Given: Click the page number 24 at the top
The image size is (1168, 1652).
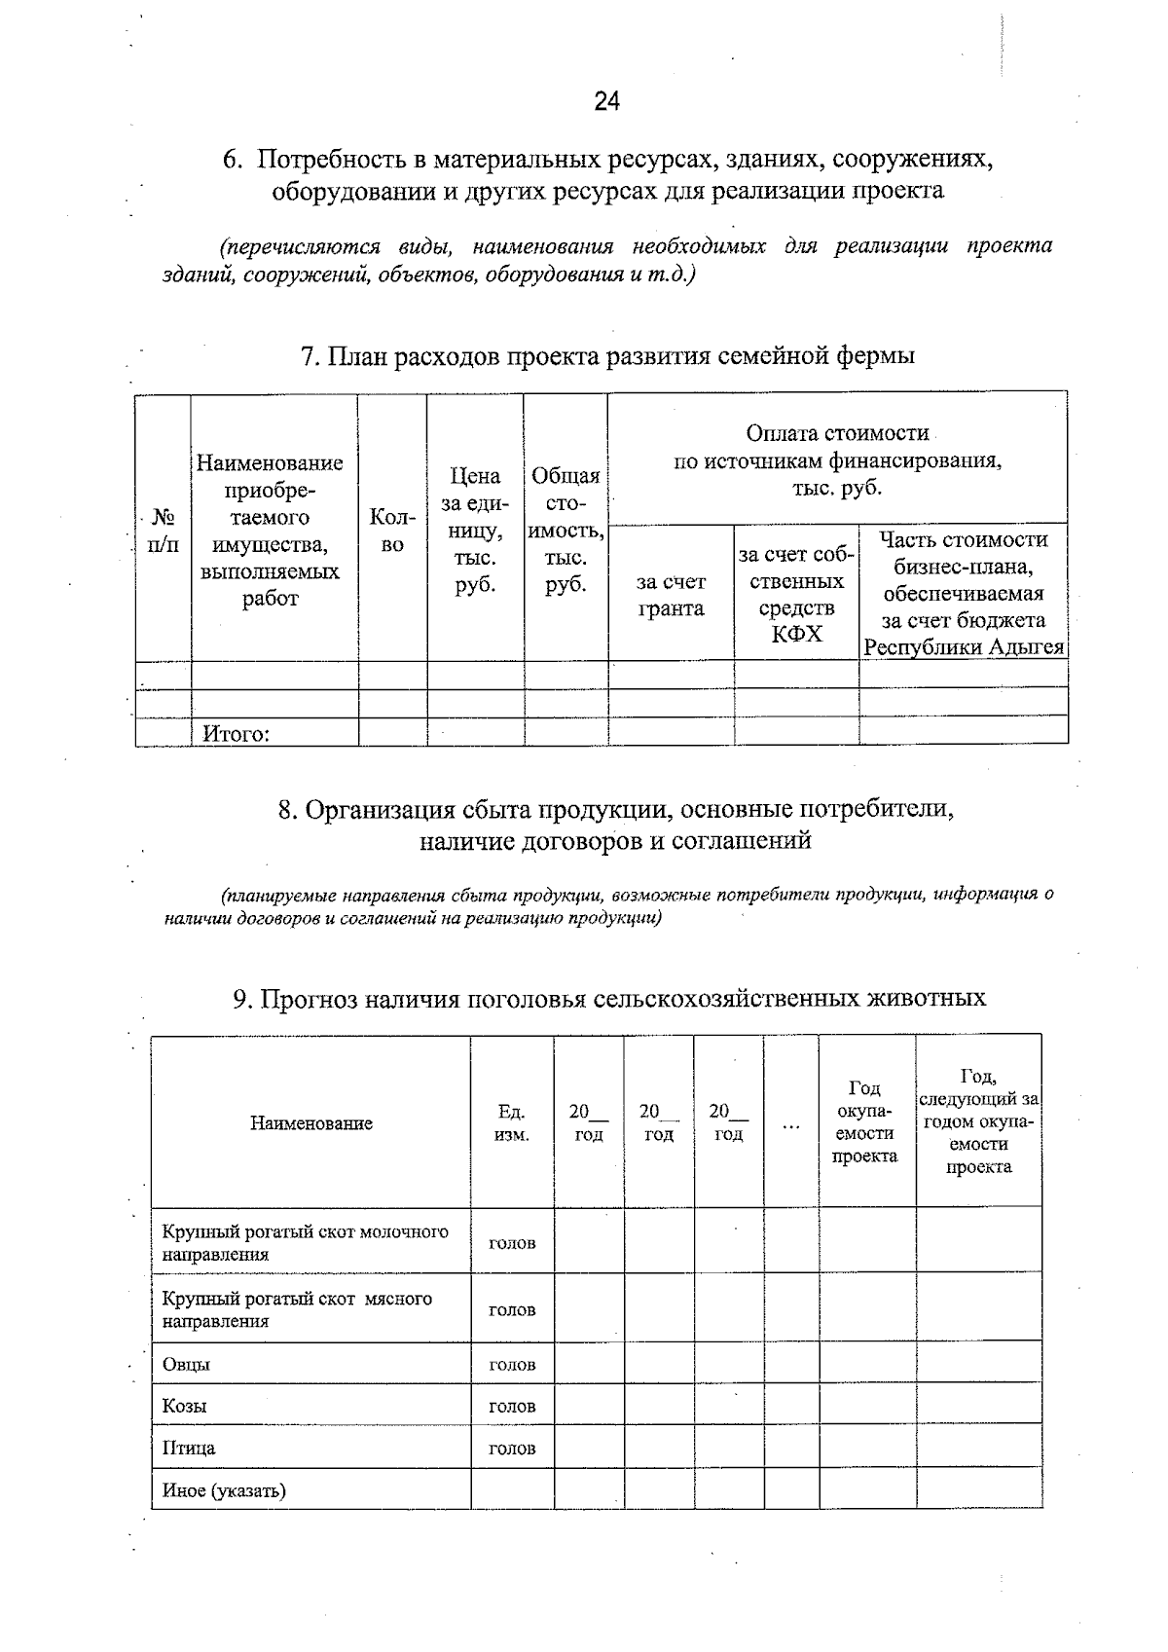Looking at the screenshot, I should pyautogui.click(x=606, y=101).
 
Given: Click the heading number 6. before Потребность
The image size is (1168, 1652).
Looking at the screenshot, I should pyautogui.click(x=232, y=160).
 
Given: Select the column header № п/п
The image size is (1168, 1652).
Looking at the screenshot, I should pyautogui.click(x=164, y=532).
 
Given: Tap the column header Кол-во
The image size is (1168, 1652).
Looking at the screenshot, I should pyautogui.click(x=392, y=532).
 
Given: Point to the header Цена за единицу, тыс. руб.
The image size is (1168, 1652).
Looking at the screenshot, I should pyautogui.click(x=475, y=531).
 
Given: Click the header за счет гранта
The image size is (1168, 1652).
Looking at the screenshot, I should pyautogui.click(x=671, y=595).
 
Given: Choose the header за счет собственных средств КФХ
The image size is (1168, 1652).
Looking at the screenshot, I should pyautogui.click(x=796, y=594).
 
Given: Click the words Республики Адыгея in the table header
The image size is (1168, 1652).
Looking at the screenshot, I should pyautogui.click(x=964, y=647).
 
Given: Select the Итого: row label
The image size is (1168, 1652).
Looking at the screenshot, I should pyautogui.click(x=235, y=734).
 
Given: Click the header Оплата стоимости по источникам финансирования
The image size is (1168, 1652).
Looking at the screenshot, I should pyautogui.click(x=837, y=459).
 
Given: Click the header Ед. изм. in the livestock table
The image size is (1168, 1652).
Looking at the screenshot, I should pyautogui.click(x=512, y=1123).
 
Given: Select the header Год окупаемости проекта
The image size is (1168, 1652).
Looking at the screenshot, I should pyautogui.click(x=865, y=1121).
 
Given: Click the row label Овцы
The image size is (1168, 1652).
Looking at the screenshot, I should pyautogui.click(x=186, y=1364).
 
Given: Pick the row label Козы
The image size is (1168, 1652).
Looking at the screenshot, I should pyautogui.click(x=185, y=1406).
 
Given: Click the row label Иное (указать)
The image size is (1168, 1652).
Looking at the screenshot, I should pyautogui.click(x=224, y=1489).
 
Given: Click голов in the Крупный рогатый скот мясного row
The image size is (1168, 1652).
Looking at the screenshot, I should pyautogui.click(x=512, y=1309).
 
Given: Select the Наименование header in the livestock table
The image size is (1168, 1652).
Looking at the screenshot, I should pyautogui.click(x=311, y=1123).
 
